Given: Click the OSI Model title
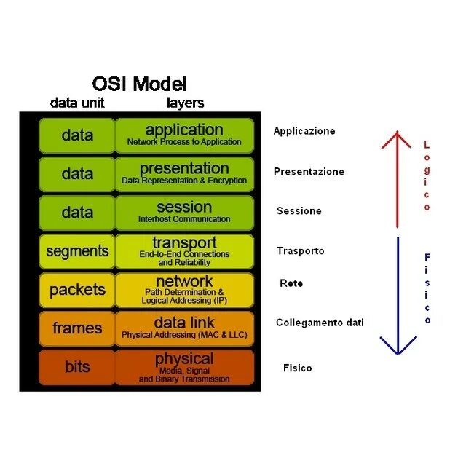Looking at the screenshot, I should [x=140, y=84].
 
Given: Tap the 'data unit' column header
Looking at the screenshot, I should [x=77, y=103].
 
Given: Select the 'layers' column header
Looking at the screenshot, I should [x=185, y=103].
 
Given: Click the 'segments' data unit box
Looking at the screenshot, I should [x=76, y=251].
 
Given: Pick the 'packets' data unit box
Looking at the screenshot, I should [x=76, y=290].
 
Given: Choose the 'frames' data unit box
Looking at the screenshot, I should [x=76, y=328].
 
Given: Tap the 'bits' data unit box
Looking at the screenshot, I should [x=76, y=367].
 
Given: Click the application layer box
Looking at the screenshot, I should [x=184, y=135].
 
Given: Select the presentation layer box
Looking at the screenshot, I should [x=184, y=173].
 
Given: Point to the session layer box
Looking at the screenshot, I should [x=184, y=212].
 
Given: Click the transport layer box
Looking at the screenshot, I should [x=184, y=251].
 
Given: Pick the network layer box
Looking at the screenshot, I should [x=184, y=290].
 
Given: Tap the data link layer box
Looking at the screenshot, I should [x=184, y=328].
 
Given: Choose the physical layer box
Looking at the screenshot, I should [x=184, y=367].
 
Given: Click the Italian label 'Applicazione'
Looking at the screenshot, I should [x=304, y=131].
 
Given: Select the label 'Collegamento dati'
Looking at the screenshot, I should [x=320, y=323].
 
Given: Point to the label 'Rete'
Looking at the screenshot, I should [x=291, y=283].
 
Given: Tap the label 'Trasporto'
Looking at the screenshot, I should [x=300, y=250].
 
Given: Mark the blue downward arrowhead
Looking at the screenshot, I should [x=398, y=346].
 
